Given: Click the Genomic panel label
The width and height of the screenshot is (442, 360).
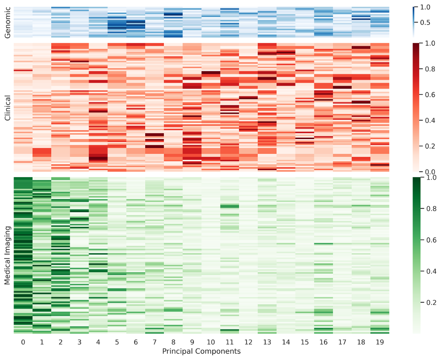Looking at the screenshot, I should pos(7,22).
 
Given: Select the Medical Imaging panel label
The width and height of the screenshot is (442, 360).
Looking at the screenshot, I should pos(7,256).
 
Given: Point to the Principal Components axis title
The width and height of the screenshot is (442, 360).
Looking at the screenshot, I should pos(201,351).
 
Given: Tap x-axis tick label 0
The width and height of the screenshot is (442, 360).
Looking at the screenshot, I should pos(23,342).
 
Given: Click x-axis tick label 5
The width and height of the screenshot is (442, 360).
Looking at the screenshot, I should pos(117,342).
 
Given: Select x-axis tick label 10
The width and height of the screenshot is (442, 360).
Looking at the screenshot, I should pos(211,342).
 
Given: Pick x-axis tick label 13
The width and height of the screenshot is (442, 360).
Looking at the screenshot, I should pos(267,342).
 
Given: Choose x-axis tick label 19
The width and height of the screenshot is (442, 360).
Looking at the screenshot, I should pos(380,342).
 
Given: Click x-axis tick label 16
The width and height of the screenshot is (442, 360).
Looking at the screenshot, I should pos(323,342).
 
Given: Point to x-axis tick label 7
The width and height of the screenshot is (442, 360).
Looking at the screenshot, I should pos(154,342).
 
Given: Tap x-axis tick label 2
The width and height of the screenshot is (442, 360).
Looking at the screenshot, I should pos(61,342).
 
